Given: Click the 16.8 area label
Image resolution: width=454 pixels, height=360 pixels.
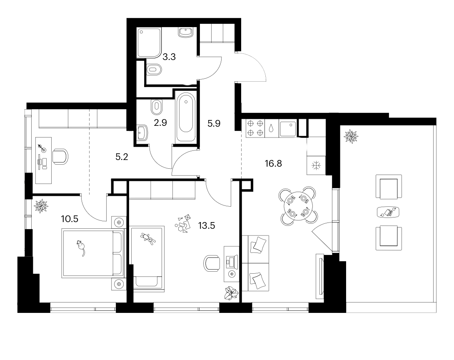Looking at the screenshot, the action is pyautogui.click(x=273, y=164).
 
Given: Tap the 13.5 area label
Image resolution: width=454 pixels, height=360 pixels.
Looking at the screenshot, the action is pyautogui.click(x=207, y=225).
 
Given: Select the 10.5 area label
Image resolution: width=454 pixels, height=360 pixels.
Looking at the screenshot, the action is pyautogui.click(x=70, y=219).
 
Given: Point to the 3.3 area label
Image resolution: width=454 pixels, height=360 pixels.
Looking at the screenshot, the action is pyautogui.click(x=169, y=57).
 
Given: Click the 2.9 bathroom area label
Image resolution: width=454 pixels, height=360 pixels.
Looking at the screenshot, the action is pyautogui.click(x=160, y=123).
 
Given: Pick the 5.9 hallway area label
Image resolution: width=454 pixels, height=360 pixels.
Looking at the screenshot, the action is pyautogui.click(x=214, y=124).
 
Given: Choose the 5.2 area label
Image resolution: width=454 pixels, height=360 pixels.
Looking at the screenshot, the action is pyautogui.click(x=122, y=157).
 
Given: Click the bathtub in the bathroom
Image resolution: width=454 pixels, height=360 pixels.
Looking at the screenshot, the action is pyautogui.click(x=186, y=117).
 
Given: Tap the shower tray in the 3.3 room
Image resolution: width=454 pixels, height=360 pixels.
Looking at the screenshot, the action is pyautogui.click(x=149, y=42).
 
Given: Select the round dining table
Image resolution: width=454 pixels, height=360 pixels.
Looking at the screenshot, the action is pyautogui.click(x=298, y=206).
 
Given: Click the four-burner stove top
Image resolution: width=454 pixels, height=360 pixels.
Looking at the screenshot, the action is pyautogui.click(x=255, y=128).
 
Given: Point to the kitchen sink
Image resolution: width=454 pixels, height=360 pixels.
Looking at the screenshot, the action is pyautogui.click(x=287, y=129).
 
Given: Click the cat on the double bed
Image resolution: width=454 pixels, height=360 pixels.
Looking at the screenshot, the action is pyautogui.click(x=81, y=247).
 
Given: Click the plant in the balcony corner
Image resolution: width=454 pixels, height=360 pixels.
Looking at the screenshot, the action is pyautogui.click(x=351, y=136).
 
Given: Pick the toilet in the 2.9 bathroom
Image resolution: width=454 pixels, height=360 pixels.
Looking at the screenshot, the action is pyautogui.click(x=157, y=107).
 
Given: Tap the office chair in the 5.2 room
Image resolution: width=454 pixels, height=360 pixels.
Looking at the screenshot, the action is pyautogui.click(x=60, y=157).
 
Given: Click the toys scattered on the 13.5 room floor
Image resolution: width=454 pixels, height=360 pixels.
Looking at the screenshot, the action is pyautogui.click(x=183, y=223).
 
